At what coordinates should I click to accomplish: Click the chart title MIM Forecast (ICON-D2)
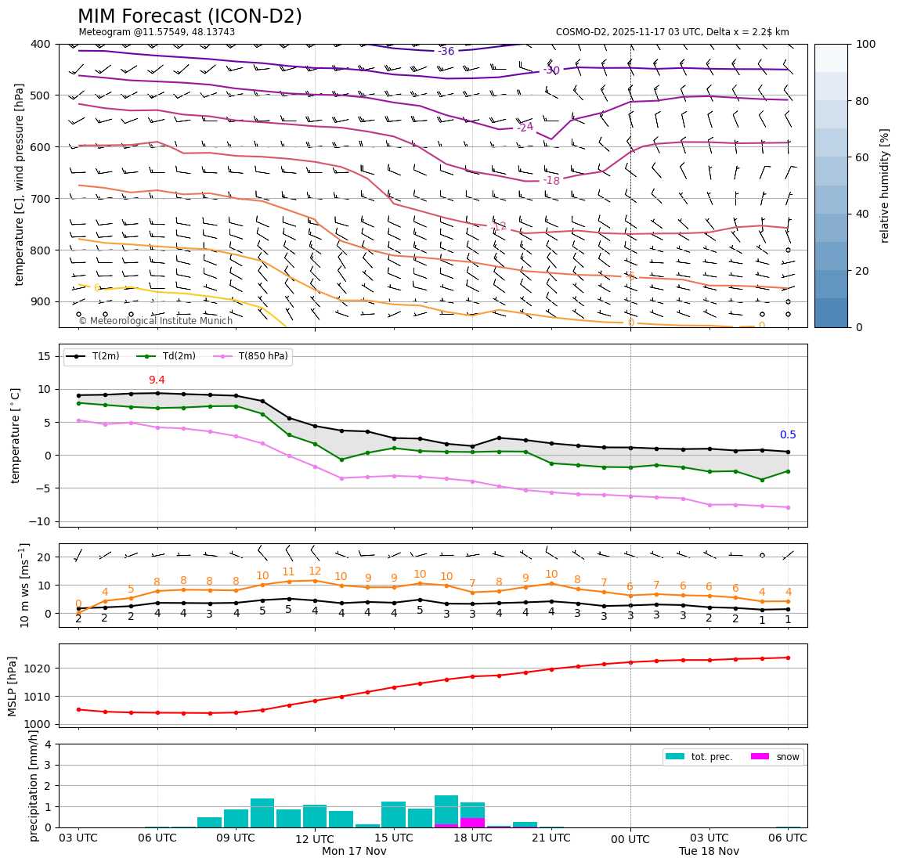tap(190, 16)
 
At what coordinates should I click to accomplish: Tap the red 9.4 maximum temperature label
tap(157, 380)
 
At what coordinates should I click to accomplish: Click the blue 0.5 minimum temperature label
tap(787, 435)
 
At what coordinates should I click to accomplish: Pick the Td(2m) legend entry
tap(176, 356)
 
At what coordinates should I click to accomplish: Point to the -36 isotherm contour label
tap(446, 52)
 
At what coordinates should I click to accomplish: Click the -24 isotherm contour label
tap(525, 127)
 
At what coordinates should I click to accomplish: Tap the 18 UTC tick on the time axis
tap(472, 838)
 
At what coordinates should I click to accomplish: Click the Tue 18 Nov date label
tap(709, 852)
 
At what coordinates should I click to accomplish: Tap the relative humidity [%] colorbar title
tap(885, 186)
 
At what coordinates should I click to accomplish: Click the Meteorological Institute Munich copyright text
tap(155, 321)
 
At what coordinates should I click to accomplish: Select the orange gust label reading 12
tap(315, 571)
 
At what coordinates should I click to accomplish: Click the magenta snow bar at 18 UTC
tap(472, 823)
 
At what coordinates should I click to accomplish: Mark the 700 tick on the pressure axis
tap(41, 199)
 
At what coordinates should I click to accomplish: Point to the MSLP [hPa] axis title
tap(13, 686)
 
